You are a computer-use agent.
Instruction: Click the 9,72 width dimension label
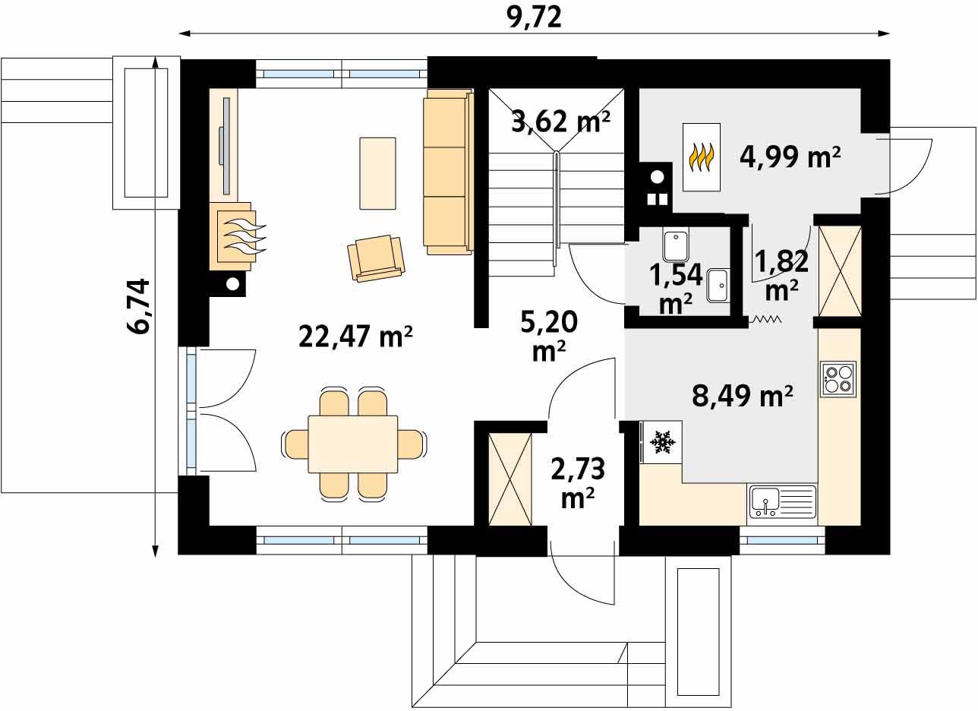(x=534, y=18)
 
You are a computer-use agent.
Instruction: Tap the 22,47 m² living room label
(x=355, y=337)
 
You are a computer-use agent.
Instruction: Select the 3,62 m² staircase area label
(x=560, y=122)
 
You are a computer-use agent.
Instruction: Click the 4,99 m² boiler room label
(x=790, y=156)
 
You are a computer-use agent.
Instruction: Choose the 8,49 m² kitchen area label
(x=743, y=396)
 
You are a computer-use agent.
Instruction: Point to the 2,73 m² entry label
(x=578, y=482)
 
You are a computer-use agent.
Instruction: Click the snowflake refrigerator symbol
(x=662, y=442)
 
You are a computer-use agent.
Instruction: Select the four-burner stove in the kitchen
(x=838, y=379)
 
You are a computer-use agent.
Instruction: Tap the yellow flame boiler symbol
(x=701, y=156)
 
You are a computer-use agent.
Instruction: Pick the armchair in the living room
(x=376, y=258)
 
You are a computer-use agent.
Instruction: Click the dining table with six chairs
(x=353, y=444)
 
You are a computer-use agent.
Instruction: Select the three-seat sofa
(x=448, y=172)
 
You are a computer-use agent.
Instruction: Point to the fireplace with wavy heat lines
(x=238, y=236)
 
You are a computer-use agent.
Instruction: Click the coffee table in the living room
(x=377, y=173)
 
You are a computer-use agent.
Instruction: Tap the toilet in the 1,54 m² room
(x=675, y=245)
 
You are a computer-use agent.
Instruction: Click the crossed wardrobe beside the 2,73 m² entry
(x=510, y=479)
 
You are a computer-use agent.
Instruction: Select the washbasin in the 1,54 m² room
(x=718, y=285)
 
